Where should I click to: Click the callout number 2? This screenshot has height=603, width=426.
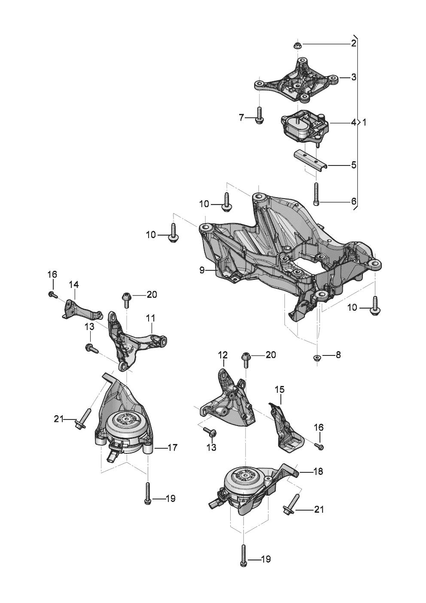pos(353,43)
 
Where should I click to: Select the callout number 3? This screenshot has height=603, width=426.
pos(353,77)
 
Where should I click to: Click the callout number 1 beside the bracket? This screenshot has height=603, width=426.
pos(364,122)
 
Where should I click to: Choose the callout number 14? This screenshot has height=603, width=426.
pos(73,284)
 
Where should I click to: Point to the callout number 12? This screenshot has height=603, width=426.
pos(222,355)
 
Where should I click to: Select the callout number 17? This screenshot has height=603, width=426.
pos(172,447)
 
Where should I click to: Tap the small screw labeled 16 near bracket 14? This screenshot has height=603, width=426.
pos(52,294)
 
